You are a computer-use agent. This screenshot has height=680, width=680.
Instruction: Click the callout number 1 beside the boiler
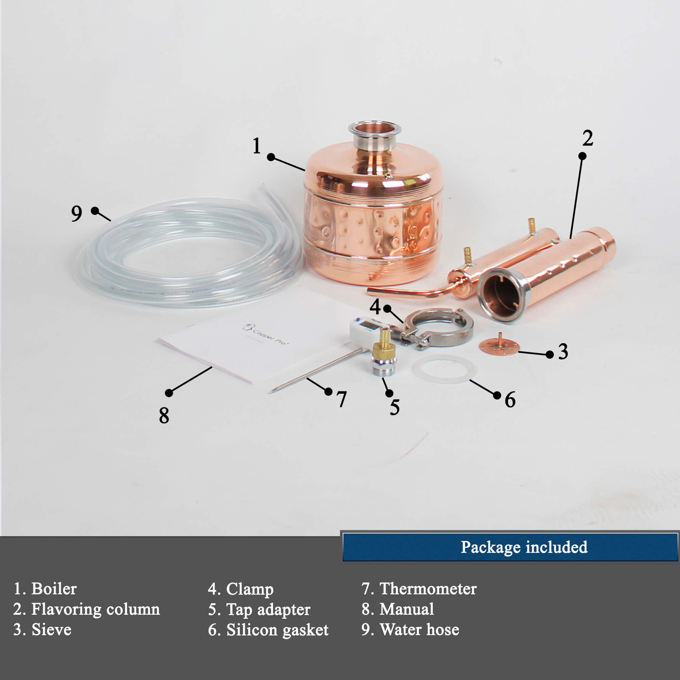coord(257,146)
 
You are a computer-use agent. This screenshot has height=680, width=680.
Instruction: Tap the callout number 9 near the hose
coord(77,213)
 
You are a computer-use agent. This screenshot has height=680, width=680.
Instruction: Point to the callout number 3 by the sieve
coord(563,352)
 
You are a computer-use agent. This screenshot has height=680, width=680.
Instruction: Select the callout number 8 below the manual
coord(164,415)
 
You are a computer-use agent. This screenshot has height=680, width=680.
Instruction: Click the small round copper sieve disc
coord(499,346)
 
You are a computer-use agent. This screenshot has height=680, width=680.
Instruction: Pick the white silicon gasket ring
coord(444,369)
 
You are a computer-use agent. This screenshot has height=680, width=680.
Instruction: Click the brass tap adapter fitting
coord(384,352)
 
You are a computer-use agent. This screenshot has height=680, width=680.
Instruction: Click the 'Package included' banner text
coord(524,547)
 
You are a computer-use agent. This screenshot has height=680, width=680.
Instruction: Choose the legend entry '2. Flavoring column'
coord(87,609)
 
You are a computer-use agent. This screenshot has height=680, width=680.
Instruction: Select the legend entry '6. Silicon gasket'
coord(268,630)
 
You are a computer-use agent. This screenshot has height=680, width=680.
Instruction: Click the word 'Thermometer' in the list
coord(428,589)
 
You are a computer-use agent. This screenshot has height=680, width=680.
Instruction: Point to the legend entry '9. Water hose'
coord(410,629)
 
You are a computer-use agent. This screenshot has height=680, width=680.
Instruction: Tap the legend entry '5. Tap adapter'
coord(259,609)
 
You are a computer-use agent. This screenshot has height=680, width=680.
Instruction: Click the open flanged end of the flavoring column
coord(504,295)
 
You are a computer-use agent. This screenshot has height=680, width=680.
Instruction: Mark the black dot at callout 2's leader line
coord(582,156)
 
